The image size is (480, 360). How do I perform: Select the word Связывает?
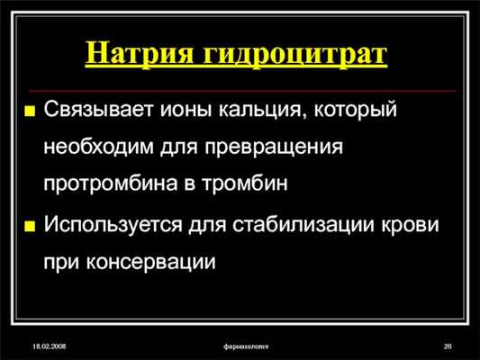coord(100,112)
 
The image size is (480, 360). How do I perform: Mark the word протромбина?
coord(113,184)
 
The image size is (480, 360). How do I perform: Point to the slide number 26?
coord(448,346)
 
